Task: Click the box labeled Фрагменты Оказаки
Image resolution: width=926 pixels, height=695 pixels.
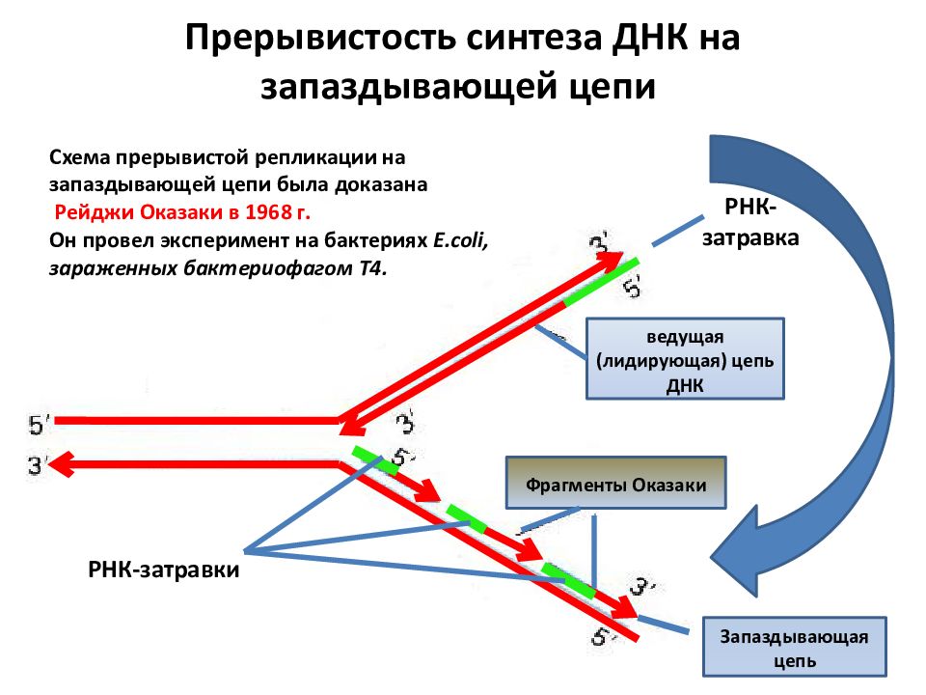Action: [615, 483]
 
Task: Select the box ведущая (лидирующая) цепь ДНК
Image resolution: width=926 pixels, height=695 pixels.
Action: [685, 359]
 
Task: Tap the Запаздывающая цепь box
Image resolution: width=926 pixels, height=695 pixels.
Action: [794, 647]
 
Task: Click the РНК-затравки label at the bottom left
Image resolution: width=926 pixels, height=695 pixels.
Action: [164, 570]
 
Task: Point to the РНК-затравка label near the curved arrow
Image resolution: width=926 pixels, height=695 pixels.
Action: [750, 223]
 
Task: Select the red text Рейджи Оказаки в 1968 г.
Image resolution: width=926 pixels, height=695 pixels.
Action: [182, 212]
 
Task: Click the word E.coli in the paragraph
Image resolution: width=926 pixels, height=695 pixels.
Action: [460, 240]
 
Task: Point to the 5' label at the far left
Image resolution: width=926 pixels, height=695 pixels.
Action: [39, 425]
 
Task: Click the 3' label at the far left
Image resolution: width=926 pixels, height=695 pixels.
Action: [37, 465]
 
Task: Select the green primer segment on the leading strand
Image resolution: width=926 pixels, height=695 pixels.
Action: [601, 281]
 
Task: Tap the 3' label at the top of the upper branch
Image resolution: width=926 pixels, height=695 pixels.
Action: [599, 243]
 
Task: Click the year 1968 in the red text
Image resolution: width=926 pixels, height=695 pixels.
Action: [269, 212]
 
